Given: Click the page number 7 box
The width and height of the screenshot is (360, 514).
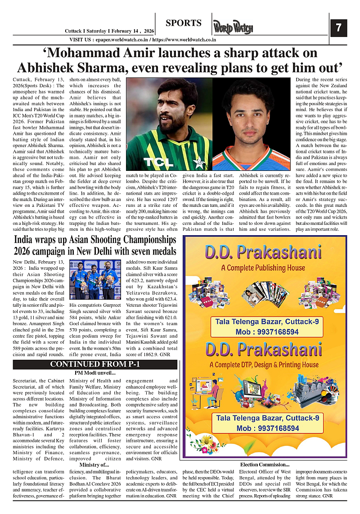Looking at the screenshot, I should point(339,28).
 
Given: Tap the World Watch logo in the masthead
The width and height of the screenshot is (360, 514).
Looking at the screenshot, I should point(233,27).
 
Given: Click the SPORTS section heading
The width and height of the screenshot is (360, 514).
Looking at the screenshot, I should point(183,23).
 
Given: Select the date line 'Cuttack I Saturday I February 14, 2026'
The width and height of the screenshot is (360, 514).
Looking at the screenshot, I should point(109,31).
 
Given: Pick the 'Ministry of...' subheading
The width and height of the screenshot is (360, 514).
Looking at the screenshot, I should point(94,464).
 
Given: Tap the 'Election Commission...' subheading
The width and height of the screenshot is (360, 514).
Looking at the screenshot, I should point(265,464).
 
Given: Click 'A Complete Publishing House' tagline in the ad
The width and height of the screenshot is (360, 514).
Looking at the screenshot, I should point(264,268).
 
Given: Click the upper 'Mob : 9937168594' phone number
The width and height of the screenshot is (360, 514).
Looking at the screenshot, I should point(267,332).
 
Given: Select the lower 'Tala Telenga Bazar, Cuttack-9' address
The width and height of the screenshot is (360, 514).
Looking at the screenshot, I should point(267,418).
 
